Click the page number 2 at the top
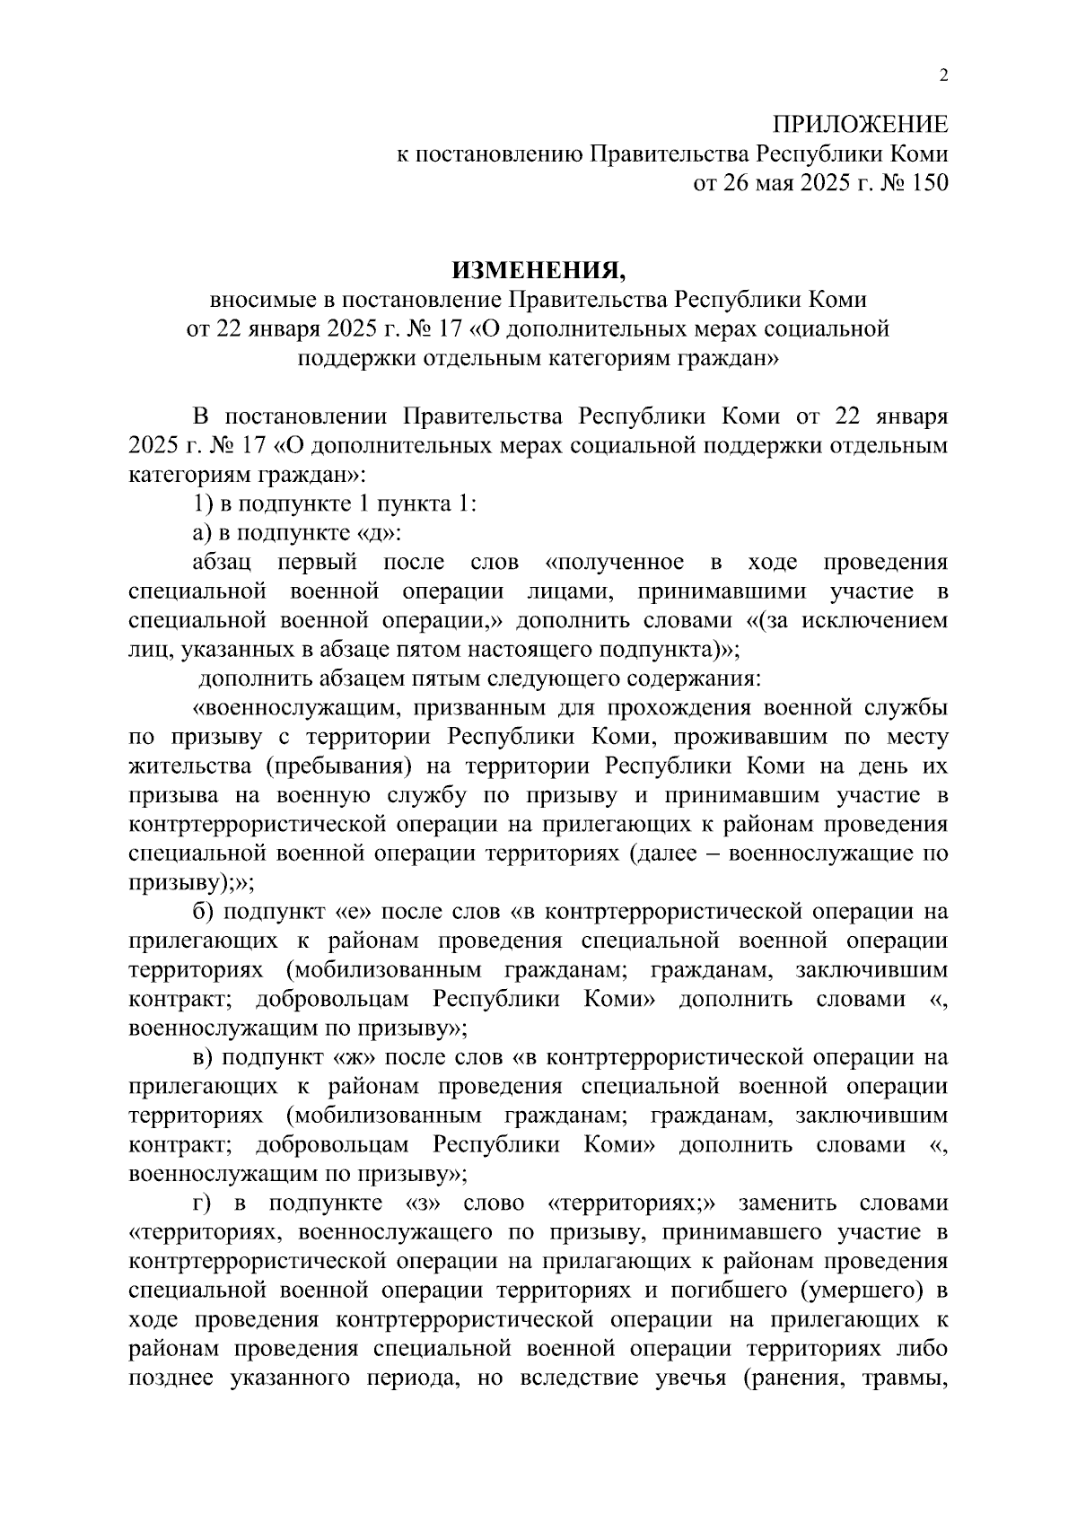tap(942, 76)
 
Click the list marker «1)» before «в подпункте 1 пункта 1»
tap(200, 503)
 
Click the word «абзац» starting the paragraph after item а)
tap(222, 563)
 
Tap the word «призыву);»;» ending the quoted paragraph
tap(191, 882)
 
